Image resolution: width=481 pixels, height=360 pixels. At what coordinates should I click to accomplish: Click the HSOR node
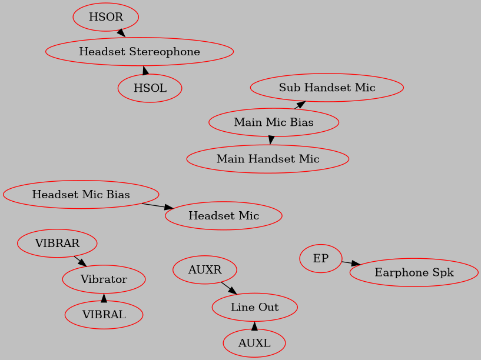click(106, 17)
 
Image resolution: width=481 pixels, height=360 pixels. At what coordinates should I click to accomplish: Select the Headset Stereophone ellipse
click(140, 52)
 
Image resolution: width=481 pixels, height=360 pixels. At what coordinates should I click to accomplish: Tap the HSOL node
click(150, 88)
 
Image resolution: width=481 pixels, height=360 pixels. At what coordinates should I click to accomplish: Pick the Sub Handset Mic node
click(327, 88)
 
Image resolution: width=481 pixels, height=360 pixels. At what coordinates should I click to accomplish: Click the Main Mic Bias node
click(274, 122)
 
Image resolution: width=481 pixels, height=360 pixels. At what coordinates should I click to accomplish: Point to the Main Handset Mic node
click(268, 159)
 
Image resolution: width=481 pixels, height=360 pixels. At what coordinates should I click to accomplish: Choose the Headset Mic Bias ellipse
click(81, 194)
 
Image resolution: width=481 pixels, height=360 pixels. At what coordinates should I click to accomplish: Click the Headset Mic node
click(224, 216)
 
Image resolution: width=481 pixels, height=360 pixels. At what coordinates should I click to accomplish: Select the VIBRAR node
click(57, 243)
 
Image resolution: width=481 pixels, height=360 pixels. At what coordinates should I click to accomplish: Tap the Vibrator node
click(104, 279)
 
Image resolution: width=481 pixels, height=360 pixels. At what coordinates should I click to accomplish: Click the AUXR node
click(205, 271)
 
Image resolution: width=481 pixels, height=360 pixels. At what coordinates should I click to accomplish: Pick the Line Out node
click(254, 307)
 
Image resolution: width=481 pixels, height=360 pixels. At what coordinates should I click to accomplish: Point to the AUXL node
click(254, 343)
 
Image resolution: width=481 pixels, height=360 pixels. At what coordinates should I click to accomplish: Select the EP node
click(321, 259)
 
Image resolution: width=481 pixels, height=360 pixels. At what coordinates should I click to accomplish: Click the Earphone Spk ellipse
click(414, 272)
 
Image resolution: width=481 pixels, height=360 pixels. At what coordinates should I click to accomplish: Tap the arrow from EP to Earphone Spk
click(351, 263)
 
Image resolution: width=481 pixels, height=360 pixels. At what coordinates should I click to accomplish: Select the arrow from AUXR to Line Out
click(229, 288)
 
